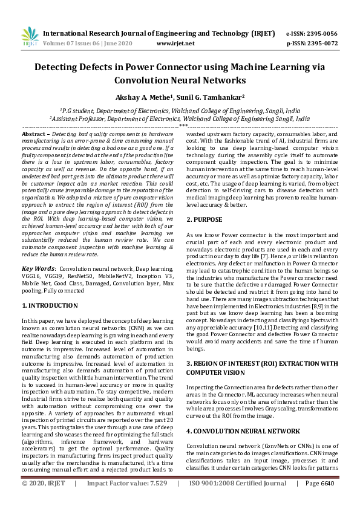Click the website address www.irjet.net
click(x=175, y=44)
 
